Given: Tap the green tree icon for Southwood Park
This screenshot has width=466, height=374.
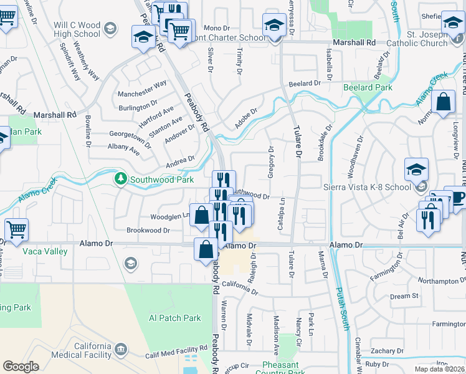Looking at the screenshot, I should tap(121, 180).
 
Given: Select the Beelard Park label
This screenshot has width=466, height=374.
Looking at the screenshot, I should tap(368, 87).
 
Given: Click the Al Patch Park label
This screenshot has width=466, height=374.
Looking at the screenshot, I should tap(175, 318).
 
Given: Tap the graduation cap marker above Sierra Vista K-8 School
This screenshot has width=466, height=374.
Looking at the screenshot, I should tap(416, 170).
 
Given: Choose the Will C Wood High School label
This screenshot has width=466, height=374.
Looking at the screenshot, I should tap(69, 29).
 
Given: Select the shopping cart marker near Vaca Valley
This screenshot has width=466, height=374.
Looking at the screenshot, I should tap(16, 230).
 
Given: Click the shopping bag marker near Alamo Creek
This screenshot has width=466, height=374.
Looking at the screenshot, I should tap(443, 103).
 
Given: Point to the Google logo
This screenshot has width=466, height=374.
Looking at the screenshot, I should tap(21, 367).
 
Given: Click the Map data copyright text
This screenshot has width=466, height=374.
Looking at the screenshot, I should tap(440, 369).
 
